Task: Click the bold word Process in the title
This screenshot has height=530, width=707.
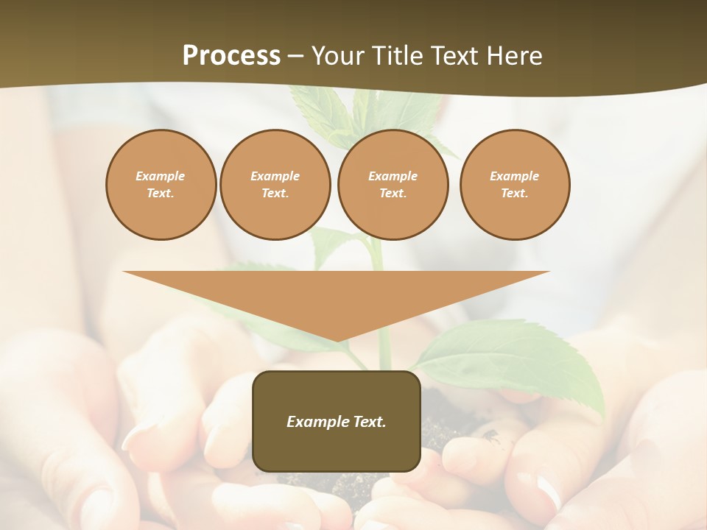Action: pyautogui.click(x=231, y=56)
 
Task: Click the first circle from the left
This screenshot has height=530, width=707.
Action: pyautogui.click(x=161, y=185)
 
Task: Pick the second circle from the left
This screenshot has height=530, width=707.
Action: pyautogui.click(x=275, y=185)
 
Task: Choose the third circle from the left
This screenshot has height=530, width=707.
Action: pyautogui.click(x=393, y=185)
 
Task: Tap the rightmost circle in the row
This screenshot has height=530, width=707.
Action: pyautogui.click(x=514, y=185)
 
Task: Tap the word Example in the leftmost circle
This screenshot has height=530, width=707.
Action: pyautogui.click(x=161, y=176)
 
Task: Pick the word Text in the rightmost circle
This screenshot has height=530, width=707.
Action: pyautogui.click(x=513, y=194)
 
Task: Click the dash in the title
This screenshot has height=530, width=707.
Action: pyautogui.click(x=296, y=56)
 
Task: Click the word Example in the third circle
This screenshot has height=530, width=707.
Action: pyautogui.click(x=393, y=176)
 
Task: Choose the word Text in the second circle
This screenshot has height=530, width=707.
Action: pyautogui.click(x=274, y=194)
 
